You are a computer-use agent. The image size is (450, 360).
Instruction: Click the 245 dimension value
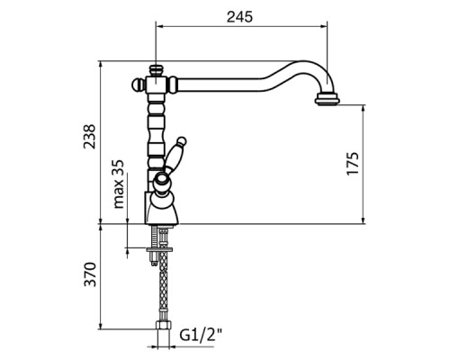pos(239,17)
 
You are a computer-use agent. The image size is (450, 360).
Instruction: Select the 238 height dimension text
pos(89,136)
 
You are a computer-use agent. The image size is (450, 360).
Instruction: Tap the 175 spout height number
pos(353,163)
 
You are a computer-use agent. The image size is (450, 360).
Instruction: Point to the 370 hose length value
pos(90,274)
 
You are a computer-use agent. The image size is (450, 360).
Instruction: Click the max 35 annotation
pos(119,184)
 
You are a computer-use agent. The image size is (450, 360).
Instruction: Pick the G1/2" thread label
pos(201,335)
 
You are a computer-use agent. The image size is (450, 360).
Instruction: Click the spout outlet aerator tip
pos(327,99)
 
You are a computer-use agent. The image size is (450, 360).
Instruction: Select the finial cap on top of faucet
pos(157,70)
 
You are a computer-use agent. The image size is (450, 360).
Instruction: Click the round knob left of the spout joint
pos(137,85)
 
